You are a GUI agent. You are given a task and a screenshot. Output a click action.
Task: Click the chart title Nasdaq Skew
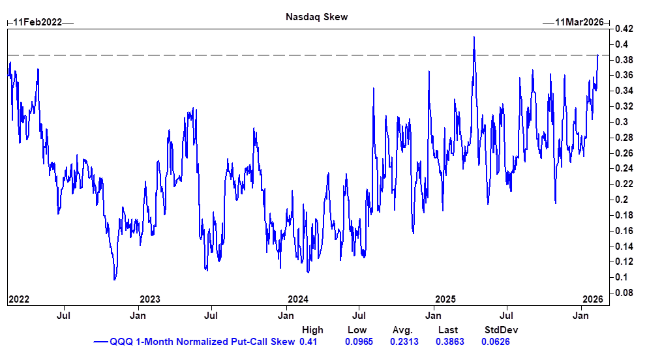tap(317, 17)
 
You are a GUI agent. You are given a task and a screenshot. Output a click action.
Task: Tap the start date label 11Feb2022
tap(38, 22)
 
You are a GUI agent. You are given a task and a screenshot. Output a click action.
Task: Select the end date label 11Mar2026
tap(579, 22)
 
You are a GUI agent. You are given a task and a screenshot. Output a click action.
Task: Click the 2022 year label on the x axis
tap(18, 299)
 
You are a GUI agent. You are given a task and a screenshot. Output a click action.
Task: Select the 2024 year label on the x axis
tap(298, 299)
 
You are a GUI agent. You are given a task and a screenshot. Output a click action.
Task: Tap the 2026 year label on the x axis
tap(592, 299)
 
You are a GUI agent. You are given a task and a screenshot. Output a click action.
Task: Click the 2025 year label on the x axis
tap(445, 299)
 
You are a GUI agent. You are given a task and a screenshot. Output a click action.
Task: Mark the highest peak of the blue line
tap(474, 37)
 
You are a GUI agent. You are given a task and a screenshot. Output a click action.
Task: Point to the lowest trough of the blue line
tap(115, 280)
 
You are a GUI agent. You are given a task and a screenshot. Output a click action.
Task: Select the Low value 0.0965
tap(358, 342)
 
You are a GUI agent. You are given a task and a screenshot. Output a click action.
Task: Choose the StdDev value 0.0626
tap(496, 342)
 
